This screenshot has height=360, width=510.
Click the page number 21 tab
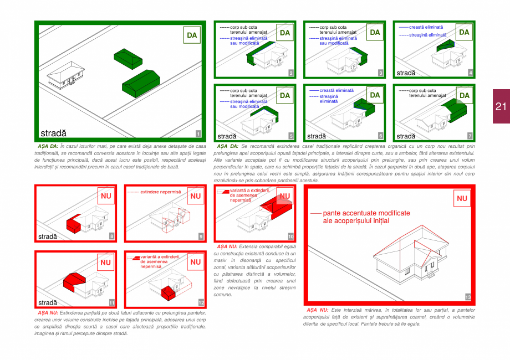[501, 106]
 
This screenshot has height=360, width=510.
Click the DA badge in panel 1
[191, 35]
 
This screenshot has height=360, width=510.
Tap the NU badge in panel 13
[462, 198]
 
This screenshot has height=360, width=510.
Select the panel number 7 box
[470, 136]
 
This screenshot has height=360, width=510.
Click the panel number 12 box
[201, 302]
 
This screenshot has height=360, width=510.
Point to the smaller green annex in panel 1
[128, 57]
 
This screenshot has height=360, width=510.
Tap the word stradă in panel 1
[53, 133]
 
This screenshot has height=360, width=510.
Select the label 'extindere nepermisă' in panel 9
[161, 192]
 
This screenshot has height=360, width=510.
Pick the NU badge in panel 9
[195, 196]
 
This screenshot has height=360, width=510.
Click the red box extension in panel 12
[168, 292]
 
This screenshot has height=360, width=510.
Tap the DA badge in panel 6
[375, 95]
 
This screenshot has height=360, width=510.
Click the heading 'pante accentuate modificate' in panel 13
[366, 213]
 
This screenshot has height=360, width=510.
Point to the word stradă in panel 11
[48, 303]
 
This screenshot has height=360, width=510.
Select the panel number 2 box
[291, 73]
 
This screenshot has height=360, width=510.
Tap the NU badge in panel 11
[105, 262]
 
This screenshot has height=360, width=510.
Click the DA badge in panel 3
[375, 32]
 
